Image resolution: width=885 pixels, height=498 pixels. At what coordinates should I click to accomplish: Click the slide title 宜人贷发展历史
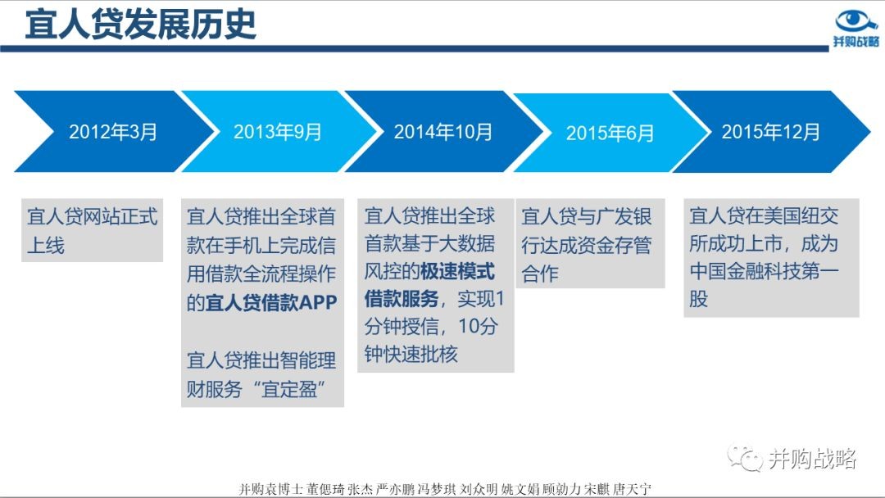[141, 25]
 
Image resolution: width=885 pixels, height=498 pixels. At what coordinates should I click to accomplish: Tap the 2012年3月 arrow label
[113, 132]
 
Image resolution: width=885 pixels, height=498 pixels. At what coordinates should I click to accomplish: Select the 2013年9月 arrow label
[277, 132]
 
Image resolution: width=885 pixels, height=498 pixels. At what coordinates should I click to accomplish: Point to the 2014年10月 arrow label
[443, 132]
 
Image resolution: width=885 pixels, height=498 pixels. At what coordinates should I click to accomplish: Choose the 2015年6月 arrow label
[610, 134]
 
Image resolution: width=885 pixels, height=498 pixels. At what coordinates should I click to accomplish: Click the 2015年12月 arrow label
[770, 132]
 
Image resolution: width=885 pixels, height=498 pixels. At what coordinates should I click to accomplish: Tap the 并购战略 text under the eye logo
[856, 42]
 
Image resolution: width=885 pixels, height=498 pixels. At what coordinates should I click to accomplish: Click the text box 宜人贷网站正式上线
[92, 230]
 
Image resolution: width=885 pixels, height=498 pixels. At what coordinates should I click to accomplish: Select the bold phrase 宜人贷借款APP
[271, 303]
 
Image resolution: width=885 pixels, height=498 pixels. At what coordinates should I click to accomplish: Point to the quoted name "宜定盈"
[288, 388]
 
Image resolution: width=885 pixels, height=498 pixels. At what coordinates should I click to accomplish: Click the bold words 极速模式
[457, 271]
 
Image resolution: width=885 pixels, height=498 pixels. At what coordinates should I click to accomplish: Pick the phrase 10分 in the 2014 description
[478, 326]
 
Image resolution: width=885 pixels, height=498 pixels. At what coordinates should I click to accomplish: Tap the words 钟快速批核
[411, 354]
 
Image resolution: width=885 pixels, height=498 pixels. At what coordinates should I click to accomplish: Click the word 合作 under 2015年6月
[540, 274]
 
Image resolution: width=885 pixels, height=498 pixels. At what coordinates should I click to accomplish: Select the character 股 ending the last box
[698, 298]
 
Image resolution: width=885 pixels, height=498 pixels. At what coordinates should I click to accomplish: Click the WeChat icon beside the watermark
[744, 457]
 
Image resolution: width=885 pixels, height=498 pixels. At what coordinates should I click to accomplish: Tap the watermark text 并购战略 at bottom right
[812, 459]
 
